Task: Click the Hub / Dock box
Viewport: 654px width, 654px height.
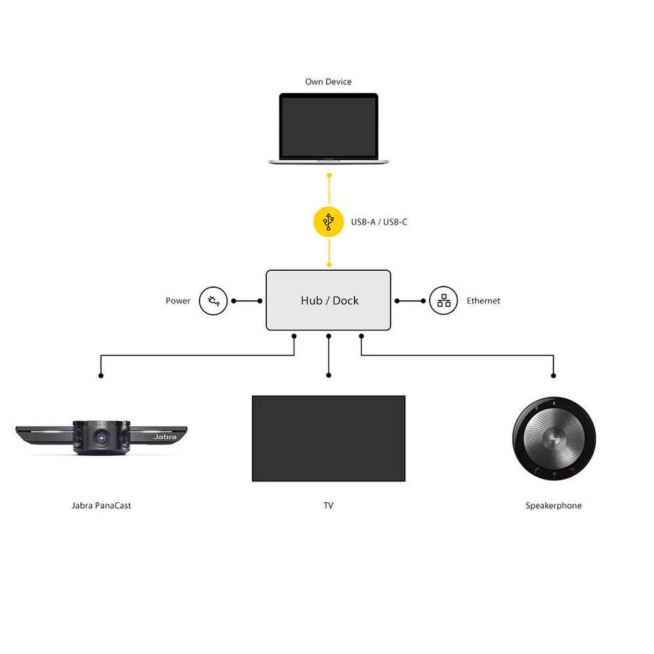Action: [x=328, y=300]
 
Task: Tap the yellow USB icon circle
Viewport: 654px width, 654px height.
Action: [x=329, y=222]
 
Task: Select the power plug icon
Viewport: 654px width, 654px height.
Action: [x=213, y=301]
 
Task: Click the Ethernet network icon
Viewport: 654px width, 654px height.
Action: [x=443, y=300]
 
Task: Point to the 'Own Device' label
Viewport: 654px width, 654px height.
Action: [x=328, y=82]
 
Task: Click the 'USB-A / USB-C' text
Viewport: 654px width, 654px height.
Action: [x=379, y=222]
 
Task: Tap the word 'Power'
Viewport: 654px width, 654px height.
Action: [x=178, y=301]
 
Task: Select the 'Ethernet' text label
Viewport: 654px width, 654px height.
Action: [x=483, y=301]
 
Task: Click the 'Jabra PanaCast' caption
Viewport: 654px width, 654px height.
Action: [x=101, y=506]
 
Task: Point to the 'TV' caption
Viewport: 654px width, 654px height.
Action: [x=328, y=506]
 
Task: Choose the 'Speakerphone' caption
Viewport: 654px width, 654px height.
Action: [x=553, y=506]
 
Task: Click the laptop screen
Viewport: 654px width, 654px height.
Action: [x=329, y=127]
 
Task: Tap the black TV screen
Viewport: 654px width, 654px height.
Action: [x=329, y=438]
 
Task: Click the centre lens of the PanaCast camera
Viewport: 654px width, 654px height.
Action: [x=101, y=438]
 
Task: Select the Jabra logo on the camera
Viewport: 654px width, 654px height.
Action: [x=165, y=437]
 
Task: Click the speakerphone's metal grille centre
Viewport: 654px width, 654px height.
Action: [x=554, y=438]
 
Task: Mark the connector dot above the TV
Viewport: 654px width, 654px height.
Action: [x=329, y=375]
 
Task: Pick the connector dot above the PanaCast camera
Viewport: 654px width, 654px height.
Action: [x=101, y=376]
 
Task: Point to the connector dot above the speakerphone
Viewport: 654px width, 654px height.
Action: [x=553, y=376]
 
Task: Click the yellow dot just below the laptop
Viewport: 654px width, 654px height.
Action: [x=329, y=175]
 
